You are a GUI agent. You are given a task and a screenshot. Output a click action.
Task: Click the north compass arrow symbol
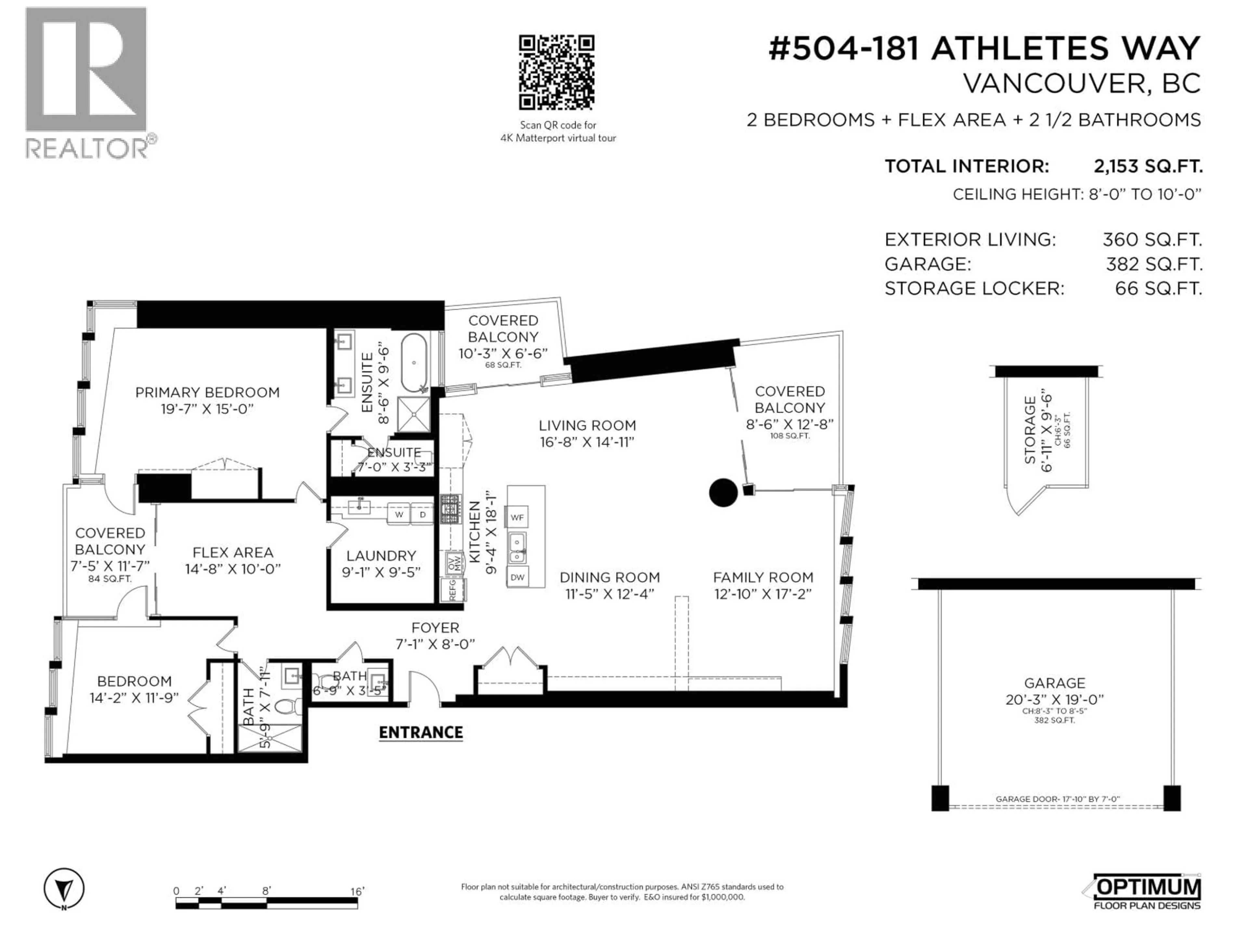[64, 889]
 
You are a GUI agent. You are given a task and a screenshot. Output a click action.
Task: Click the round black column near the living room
[723, 493]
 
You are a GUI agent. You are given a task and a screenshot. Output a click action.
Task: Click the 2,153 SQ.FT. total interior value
[1148, 166]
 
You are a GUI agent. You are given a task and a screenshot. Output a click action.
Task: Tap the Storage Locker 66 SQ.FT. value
[1158, 288]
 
